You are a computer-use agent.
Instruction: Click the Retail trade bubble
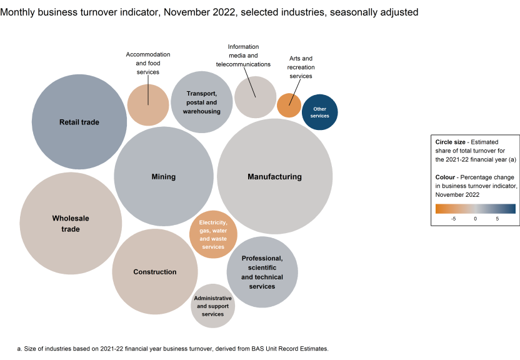tap(79, 122)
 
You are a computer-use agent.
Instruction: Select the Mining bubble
tap(164, 177)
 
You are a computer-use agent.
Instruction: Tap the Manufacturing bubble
tap(274, 177)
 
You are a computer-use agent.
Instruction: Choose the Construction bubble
tap(154, 272)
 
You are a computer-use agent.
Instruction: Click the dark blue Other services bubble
tap(319, 112)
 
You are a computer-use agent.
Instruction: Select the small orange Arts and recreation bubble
tap(289, 105)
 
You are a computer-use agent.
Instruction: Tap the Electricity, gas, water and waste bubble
tap(213, 234)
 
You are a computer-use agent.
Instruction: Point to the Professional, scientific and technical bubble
tap(262, 272)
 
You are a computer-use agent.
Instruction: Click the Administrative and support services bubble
tap(212, 306)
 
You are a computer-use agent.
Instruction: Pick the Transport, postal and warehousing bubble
tap(201, 102)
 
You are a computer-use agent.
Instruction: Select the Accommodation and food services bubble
tap(148, 104)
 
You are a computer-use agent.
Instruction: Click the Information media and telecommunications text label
tap(243, 56)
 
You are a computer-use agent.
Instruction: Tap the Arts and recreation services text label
tap(301, 67)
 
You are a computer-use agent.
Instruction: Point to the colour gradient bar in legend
tap(475, 209)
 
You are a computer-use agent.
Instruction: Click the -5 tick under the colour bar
tap(453, 219)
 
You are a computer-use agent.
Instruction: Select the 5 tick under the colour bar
tap(497, 219)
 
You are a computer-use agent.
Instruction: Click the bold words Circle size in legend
tap(451, 142)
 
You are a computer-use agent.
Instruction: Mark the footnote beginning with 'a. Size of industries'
tap(172, 348)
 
